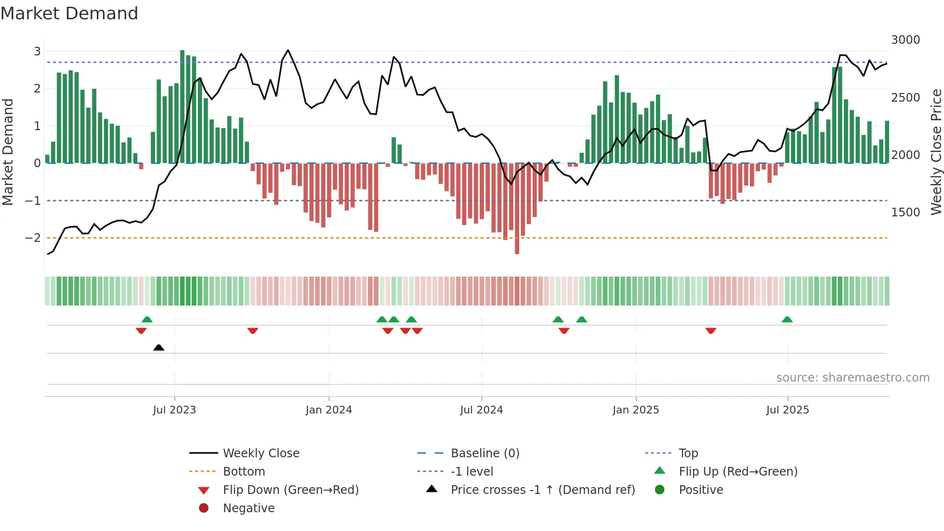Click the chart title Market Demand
(69, 13)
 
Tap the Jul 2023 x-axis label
(174, 410)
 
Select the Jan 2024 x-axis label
(328, 410)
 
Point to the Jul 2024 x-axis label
(481, 410)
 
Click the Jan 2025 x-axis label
(635, 410)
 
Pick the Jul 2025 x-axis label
(787, 410)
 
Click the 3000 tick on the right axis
(905, 40)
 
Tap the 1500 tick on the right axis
(905, 212)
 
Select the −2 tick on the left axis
(33, 238)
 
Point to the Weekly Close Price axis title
(936, 152)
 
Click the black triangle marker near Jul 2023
(158, 347)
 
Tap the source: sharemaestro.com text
(852, 378)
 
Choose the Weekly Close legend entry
(261, 453)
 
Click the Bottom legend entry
(244, 472)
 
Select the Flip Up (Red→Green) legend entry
(738, 472)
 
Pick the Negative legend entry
(249, 508)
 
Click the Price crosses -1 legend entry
(542, 490)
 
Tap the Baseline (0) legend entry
(485, 453)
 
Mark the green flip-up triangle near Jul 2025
(787, 319)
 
